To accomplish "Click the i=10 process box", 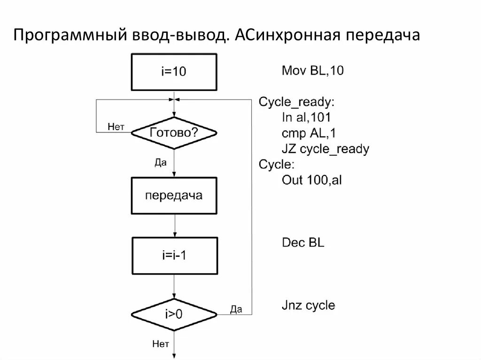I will click(174, 72).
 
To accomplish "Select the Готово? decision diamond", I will click(174, 133).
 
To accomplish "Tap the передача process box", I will click(174, 195).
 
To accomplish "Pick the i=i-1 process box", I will click(174, 256).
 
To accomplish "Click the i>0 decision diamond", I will click(174, 314).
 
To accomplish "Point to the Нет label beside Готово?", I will click(116, 126).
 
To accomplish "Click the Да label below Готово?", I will click(161, 162).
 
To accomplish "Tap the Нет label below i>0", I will click(161, 344).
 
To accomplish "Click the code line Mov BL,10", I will click(313, 71).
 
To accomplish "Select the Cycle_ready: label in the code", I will click(297, 102).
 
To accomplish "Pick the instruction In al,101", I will click(310, 118).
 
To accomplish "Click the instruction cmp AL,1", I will click(309, 133).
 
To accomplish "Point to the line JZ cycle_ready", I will click(325, 149).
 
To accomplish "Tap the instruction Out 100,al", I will click(311, 180).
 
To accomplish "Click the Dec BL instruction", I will click(303, 243).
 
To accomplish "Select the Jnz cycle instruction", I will click(308, 306).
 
